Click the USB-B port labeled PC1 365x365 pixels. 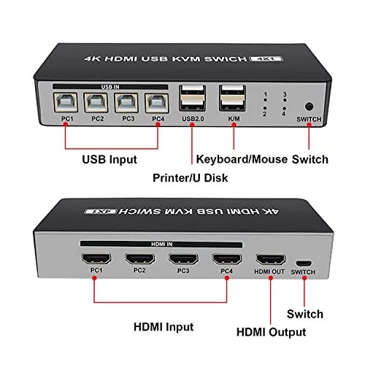66,102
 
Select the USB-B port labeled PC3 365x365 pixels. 126,102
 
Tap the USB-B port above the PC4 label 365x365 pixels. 157,103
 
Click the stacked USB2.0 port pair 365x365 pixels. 192,98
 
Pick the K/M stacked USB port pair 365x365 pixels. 232,98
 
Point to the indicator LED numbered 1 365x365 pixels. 265,100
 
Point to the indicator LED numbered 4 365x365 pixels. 284,108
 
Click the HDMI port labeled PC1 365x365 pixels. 96,258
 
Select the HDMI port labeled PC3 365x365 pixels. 183,258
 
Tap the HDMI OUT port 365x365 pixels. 270,259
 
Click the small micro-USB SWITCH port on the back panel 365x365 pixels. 304,264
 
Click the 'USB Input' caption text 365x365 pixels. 109,160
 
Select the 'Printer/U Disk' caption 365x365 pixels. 191,178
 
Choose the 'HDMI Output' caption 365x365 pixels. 272,332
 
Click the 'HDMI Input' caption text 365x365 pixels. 164,327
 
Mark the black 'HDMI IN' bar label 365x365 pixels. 161,245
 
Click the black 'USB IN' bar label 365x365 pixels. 110,87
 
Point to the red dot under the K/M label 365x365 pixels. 234,125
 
